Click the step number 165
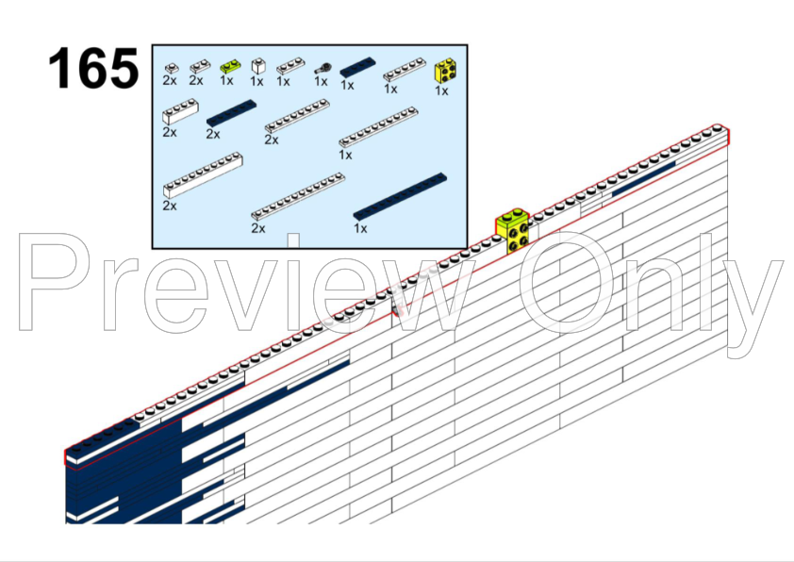click(93, 68)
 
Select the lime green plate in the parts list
click(230, 66)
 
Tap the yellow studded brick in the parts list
click(444, 71)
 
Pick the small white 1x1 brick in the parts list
click(258, 66)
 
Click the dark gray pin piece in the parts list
click(323, 68)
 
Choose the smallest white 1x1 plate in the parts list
click(172, 67)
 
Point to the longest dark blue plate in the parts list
click(400, 196)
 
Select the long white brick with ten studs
click(203, 174)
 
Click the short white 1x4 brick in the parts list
click(180, 111)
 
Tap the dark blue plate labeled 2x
click(231, 112)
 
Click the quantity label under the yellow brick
click(441, 91)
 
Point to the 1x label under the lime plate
click(227, 80)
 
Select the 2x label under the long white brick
click(170, 206)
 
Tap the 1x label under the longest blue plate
click(360, 228)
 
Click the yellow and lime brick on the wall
click(512, 230)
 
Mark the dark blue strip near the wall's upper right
click(644, 179)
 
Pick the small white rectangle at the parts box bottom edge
click(293, 240)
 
